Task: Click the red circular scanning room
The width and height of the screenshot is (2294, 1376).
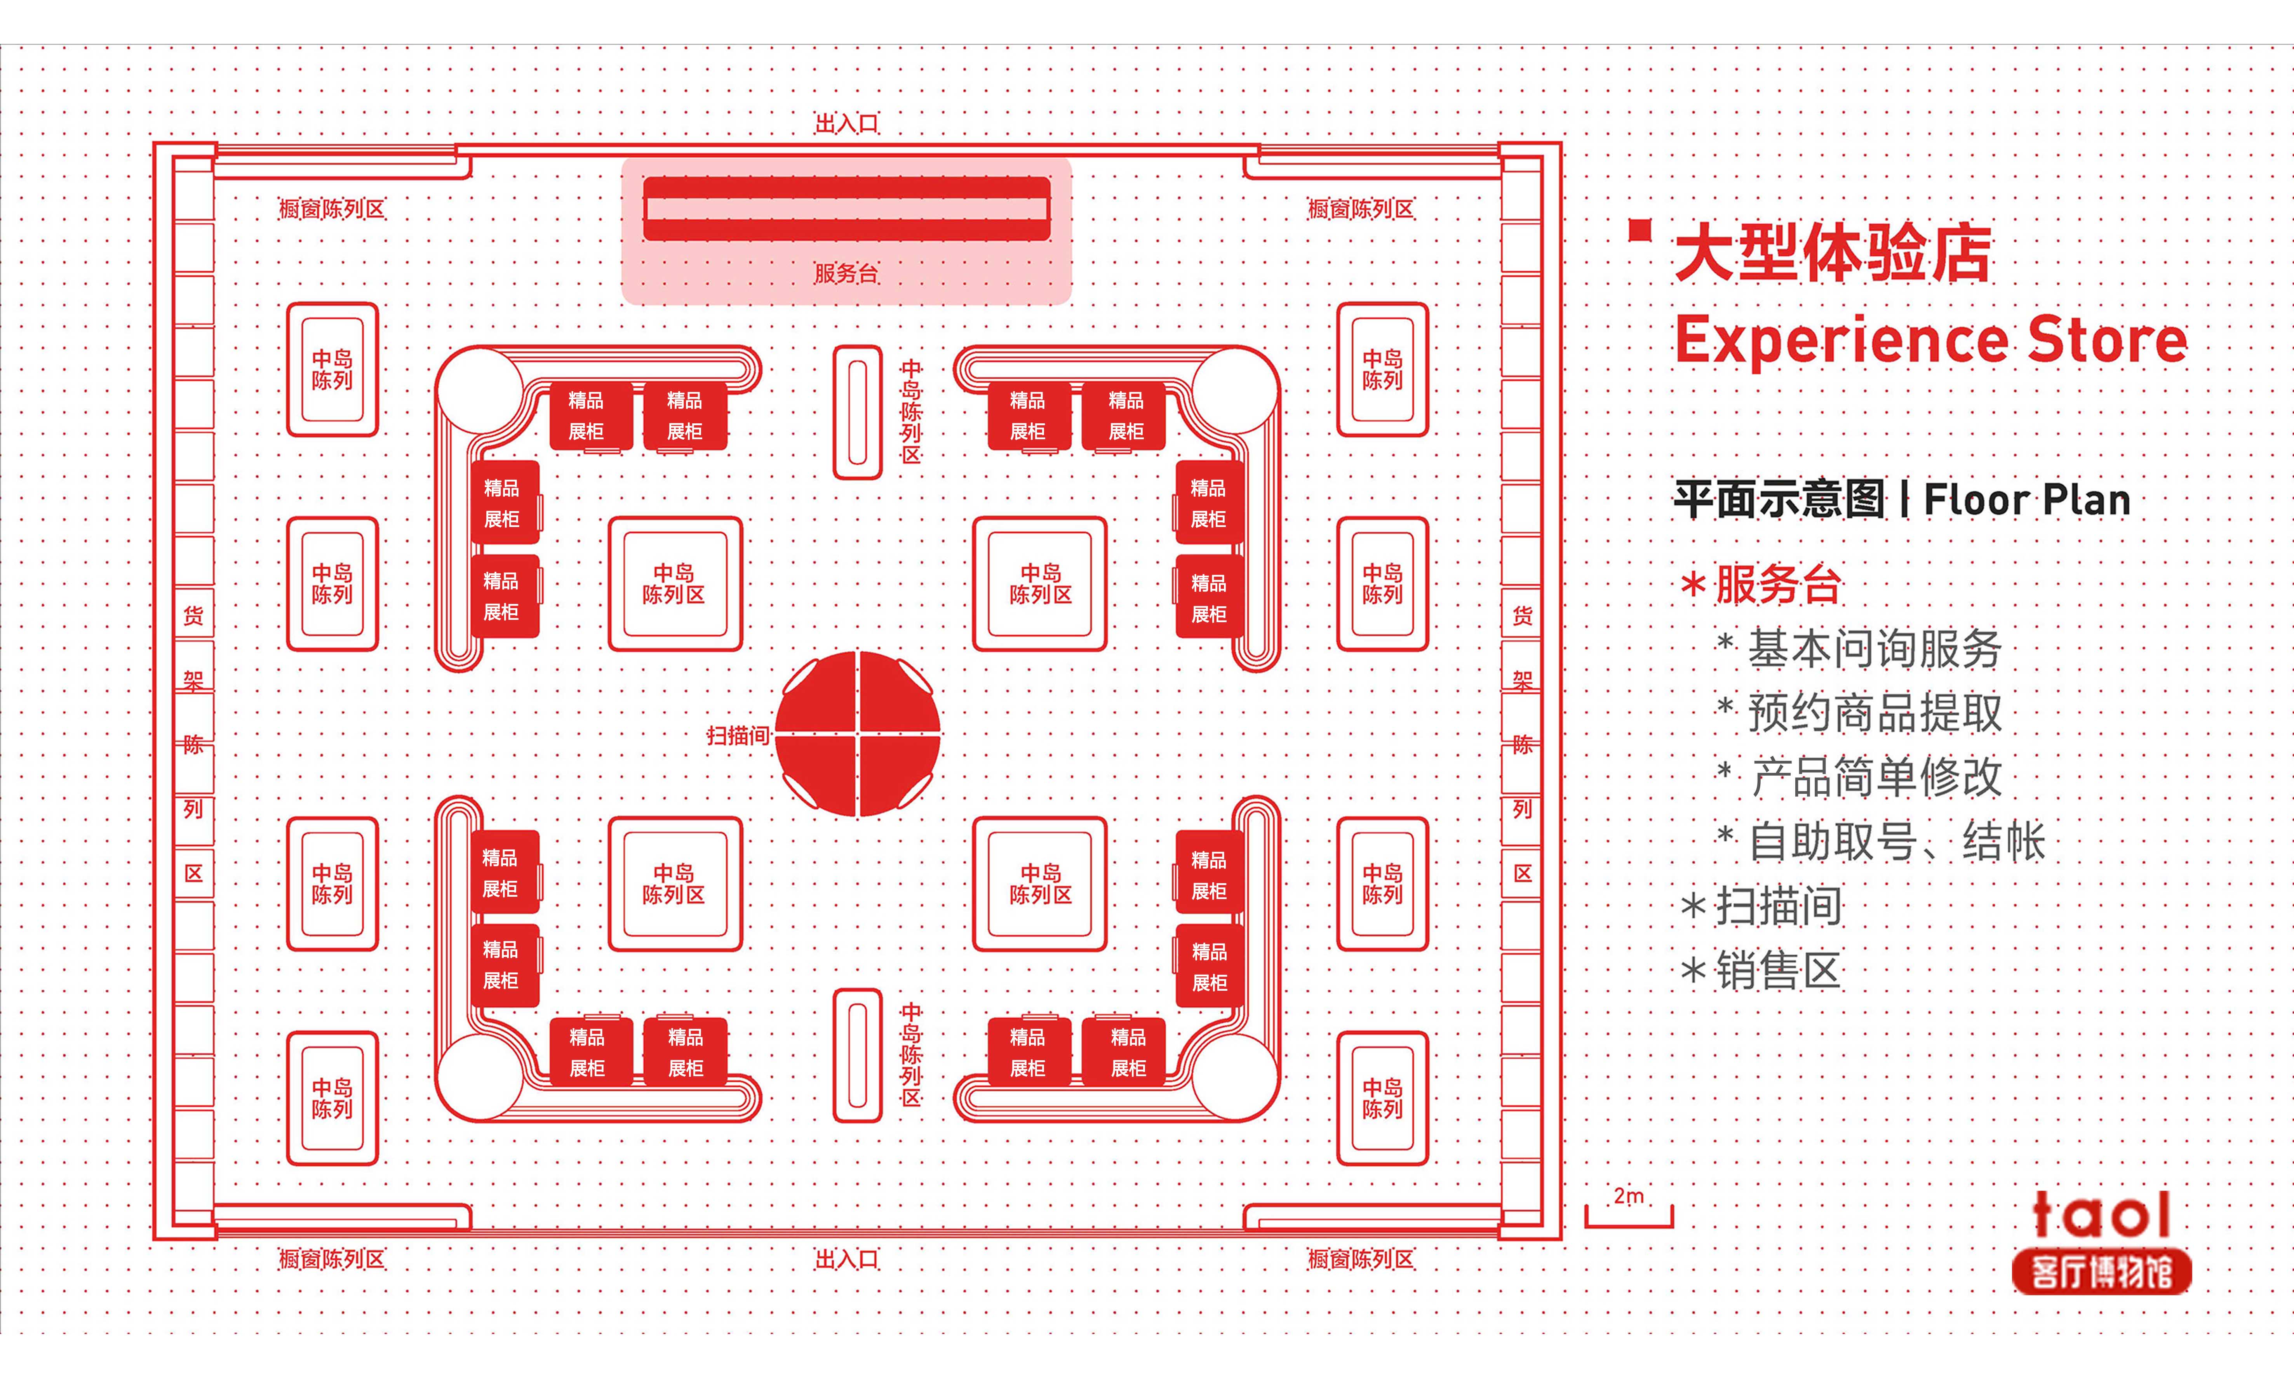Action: pos(858,734)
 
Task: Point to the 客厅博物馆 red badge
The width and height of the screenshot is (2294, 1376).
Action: pos(2101,1272)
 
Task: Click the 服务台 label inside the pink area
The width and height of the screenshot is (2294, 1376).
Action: pos(846,273)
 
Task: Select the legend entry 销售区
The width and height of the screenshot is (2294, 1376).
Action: pos(1777,971)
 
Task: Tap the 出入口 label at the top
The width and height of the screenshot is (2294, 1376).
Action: pos(846,124)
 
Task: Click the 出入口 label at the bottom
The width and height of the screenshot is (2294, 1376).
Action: pos(846,1259)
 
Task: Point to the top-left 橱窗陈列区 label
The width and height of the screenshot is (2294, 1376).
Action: pos(332,210)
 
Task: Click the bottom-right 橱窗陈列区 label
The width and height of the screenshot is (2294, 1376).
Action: pos(1360,1259)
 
